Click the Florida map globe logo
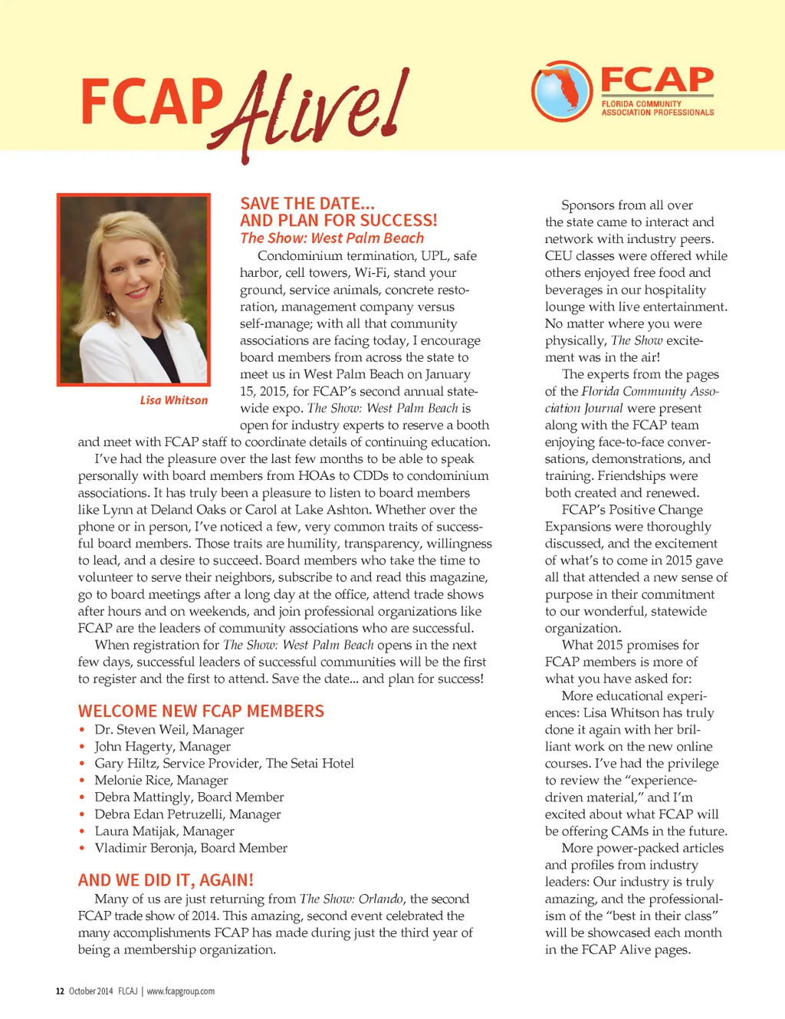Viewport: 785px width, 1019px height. click(x=562, y=90)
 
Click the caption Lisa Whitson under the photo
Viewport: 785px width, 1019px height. click(x=173, y=400)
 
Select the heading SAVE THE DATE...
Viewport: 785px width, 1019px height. click(x=307, y=203)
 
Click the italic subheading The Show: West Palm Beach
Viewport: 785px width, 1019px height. click(x=332, y=238)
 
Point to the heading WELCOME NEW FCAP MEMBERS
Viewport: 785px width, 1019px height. click(x=201, y=711)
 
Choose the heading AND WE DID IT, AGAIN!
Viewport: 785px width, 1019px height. click(x=166, y=880)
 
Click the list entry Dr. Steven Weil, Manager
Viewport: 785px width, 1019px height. click(x=169, y=730)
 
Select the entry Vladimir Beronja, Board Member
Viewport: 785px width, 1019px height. click(x=191, y=848)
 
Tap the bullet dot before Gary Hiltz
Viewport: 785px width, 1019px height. click(x=82, y=764)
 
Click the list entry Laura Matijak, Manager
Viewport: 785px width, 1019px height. click(x=164, y=831)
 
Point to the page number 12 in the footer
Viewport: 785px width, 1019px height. click(x=60, y=991)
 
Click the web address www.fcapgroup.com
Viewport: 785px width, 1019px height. click(x=181, y=991)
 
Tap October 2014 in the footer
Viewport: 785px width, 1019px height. click(x=90, y=991)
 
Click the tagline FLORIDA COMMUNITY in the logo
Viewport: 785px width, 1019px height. click(x=641, y=104)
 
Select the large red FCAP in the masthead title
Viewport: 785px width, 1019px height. click(x=151, y=102)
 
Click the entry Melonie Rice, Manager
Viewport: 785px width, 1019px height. click(x=161, y=781)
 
